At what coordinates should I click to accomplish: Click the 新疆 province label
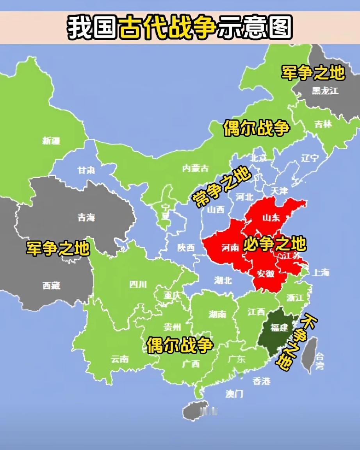[51, 141]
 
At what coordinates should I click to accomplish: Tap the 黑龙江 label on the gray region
[325, 91]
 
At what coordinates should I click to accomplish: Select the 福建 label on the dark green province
[280, 327]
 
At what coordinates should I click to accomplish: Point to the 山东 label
[271, 218]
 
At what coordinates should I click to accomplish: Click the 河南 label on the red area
[230, 247]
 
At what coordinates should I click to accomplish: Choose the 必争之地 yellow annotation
[274, 245]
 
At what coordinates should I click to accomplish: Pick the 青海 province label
[86, 218]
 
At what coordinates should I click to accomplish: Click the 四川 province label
[138, 284]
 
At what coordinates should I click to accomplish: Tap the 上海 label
[321, 272]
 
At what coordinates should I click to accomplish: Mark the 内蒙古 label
[195, 168]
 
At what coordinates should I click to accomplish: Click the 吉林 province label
[323, 124]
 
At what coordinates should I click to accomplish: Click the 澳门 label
[234, 393]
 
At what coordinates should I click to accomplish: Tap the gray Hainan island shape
[196, 410]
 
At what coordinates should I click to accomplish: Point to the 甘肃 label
[86, 171]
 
